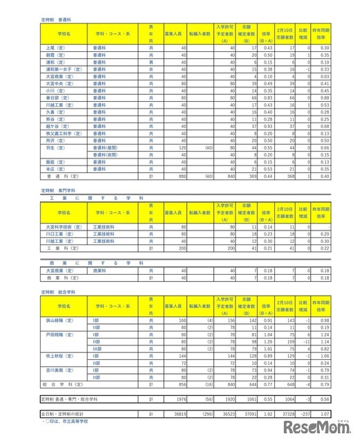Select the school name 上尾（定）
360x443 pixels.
pyautogui.click(x=55, y=48)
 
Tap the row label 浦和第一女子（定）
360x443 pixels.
pyautogui.click(x=61, y=69)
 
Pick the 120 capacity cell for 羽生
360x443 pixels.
pyautogui.click(x=183, y=147)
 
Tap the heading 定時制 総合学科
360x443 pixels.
pyautogui.click(x=60, y=293)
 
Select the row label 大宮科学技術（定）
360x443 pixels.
pyautogui.click(x=63, y=226)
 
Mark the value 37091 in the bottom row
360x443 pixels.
pyautogui.click(x=247, y=413)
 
